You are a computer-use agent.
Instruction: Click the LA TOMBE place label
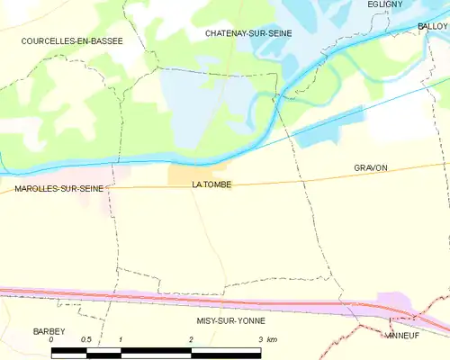point(211,185)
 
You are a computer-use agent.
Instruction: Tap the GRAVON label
point(370,168)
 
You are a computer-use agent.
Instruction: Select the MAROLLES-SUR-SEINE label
point(59,188)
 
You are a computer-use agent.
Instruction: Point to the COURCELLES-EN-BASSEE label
point(72,40)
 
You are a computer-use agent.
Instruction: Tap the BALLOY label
point(432,27)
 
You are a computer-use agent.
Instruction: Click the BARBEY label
point(49,331)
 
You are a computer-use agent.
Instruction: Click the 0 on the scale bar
point(51,340)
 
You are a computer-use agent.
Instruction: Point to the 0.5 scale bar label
point(85,340)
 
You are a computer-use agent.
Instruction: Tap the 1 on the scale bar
point(121,340)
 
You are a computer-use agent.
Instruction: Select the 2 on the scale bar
point(191,340)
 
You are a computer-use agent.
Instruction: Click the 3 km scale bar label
point(266,340)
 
